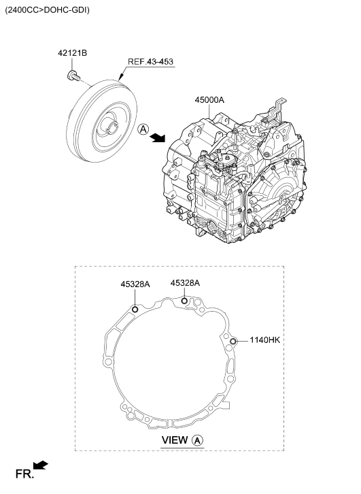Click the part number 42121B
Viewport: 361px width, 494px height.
click(x=72, y=53)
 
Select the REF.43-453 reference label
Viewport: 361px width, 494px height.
click(x=150, y=61)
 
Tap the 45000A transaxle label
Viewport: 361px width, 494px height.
click(x=209, y=100)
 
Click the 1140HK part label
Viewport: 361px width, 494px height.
click(x=264, y=340)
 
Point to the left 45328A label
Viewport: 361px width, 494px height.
click(x=135, y=284)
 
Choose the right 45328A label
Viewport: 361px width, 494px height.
click(x=185, y=283)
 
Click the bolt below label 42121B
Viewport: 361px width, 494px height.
click(x=73, y=76)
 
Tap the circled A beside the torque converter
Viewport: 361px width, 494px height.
click(x=143, y=129)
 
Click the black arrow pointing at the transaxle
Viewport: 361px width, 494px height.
click(x=157, y=137)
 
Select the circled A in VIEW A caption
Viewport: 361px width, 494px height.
click(x=198, y=440)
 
